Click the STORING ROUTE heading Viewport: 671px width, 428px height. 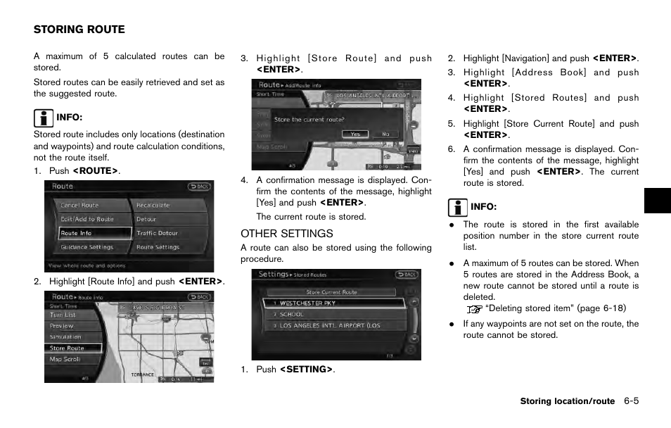pyautogui.click(x=79, y=30)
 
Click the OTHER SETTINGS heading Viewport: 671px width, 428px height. pyautogui.click(x=286, y=233)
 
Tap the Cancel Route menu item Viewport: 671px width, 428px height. pyautogui.click(x=79, y=206)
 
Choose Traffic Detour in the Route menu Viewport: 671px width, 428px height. pyautogui.click(x=158, y=233)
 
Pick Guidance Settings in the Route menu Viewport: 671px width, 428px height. pyautogui.click(x=87, y=247)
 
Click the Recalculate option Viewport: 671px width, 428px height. pyautogui.click(x=153, y=206)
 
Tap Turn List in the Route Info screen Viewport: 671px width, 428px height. pyautogui.click(x=63, y=315)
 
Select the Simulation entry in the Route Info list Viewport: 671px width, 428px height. pyautogui.click(x=65, y=337)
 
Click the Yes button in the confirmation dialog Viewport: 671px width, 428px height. pyautogui.click(x=355, y=134)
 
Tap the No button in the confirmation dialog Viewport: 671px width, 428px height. pyautogui.click(x=385, y=134)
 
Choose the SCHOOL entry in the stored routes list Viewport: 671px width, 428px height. pyautogui.click(x=292, y=315)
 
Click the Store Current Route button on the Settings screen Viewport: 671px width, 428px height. pyautogui.click(x=331, y=291)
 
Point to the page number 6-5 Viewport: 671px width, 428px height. pyautogui.click(x=630, y=401)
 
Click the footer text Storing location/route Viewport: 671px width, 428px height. pyautogui.click(x=567, y=401)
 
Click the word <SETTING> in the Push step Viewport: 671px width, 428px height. pyautogui.click(x=306, y=370)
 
